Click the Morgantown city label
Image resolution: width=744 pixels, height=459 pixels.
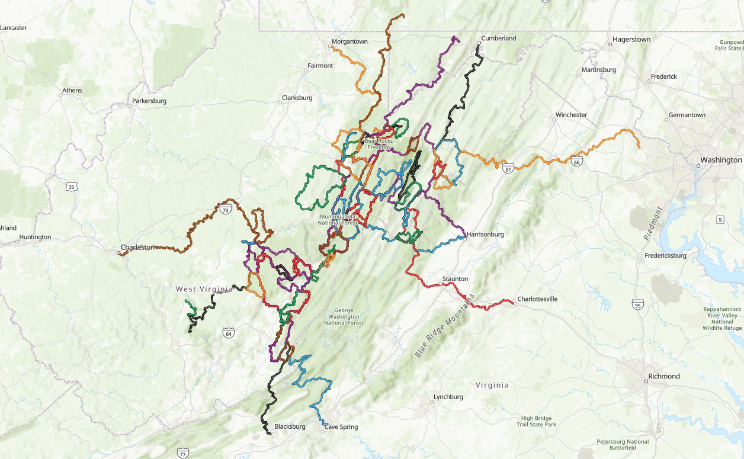pos(349,41)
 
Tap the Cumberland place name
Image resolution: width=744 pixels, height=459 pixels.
pos(498,38)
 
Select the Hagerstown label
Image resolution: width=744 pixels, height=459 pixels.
pos(631,40)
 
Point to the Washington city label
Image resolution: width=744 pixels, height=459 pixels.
pos(721,160)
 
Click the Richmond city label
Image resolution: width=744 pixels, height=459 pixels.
pos(664,376)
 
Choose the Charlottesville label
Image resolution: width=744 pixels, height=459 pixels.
pos(537,299)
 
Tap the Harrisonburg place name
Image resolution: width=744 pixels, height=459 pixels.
pos(485,235)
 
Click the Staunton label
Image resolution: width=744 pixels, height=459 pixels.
pos(455,278)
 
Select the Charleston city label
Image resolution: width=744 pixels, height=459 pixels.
pos(137,248)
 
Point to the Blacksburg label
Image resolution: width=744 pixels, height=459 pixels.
pos(290,426)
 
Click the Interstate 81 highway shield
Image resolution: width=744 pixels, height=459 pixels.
pos(508,169)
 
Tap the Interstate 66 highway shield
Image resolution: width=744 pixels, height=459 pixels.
pos(577,161)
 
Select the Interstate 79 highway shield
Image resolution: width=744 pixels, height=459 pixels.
pos(225,210)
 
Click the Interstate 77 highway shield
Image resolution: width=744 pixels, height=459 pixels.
pos(183,453)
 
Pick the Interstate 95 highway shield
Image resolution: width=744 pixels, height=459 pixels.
pos(637,305)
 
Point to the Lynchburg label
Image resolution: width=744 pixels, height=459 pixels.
pos(448,397)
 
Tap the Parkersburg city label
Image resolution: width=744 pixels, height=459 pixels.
pos(149,101)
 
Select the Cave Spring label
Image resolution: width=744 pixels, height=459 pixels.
pos(341,427)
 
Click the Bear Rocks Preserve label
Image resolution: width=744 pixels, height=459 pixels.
pos(379,144)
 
